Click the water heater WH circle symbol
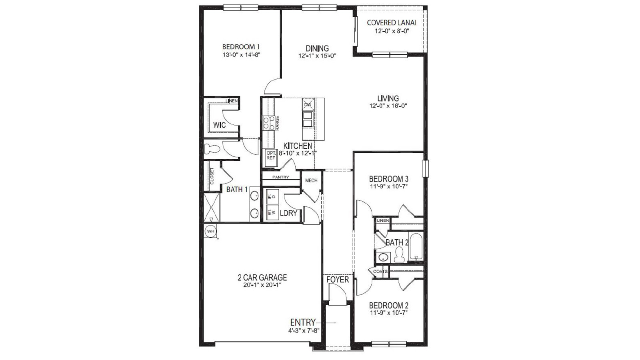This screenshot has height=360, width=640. tap(210, 231)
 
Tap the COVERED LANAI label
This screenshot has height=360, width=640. tap(392, 23)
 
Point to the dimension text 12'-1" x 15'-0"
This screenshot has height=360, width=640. tap(317, 56)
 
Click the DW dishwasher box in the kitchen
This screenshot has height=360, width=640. tap(308, 104)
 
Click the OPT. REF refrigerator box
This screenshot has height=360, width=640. tap(271, 156)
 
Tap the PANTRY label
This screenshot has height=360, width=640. tap(280, 177)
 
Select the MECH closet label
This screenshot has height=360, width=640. tap(311, 180)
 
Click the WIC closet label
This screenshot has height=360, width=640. tap(219, 125)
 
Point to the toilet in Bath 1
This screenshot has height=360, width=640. tap(212, 149)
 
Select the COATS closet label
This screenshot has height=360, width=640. tap(380, 272)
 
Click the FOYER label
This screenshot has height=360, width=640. tap(338, 280)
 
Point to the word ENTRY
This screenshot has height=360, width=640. tap(303, 322)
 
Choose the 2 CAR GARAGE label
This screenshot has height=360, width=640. tap(262, 278)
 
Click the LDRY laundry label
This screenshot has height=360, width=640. tap(288, 213)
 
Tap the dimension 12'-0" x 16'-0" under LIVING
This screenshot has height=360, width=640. tap(388, 106)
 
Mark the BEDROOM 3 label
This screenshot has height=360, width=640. tap(388, 179)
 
